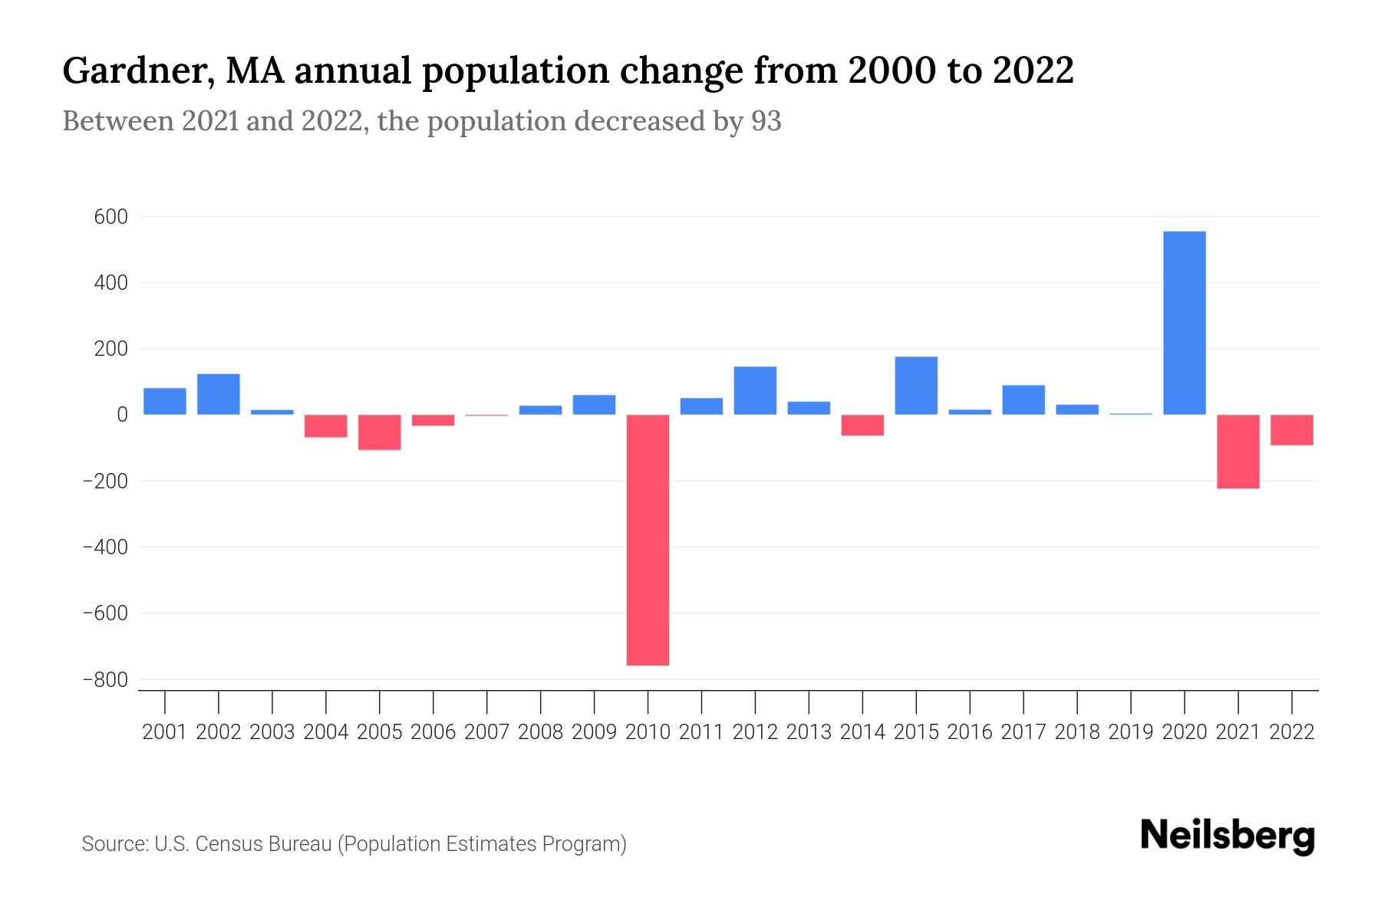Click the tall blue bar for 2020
tap(1184, 323)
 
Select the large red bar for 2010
tap(648, 540)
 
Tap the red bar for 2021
tap(1238, 452)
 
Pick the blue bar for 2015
tap(916, 386)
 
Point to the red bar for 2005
tap(379, 432)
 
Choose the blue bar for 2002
tap(219, 394)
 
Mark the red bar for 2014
tap(862, 426)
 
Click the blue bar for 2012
tap(755, 391)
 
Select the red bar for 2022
tap(1291, 430)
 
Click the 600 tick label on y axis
tap(110, 217)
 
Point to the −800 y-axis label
tap(105, 680)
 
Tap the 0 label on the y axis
tap(121, 415)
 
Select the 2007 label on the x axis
tap(486, 732)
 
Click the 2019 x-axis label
tap(1130, 732)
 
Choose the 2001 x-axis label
tap(165, 732)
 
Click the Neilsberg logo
tap(1227, 836)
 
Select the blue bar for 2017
tap(1023, 400)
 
